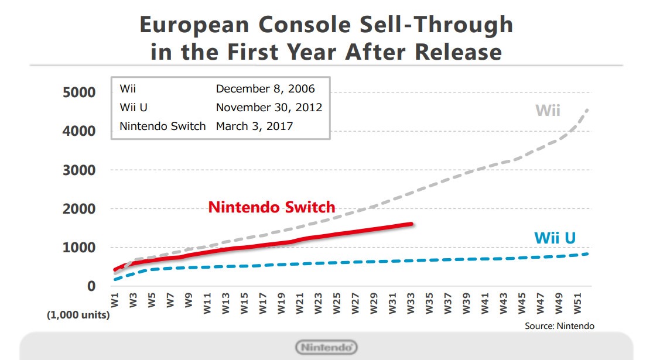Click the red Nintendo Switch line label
[x=272, y=207]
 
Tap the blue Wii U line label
[x=555, y=238]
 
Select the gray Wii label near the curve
[x=548, y=110]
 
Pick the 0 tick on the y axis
[x=91, y=286]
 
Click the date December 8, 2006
[x=265, y=89]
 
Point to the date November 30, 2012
[x=269, y=108]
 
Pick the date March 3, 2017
[x=255, y=126]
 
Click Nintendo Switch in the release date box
[x=163, y=126]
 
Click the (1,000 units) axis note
[x=78, y=316]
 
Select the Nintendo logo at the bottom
[x=327, y=347]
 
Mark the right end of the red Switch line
[x=412, y=224]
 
